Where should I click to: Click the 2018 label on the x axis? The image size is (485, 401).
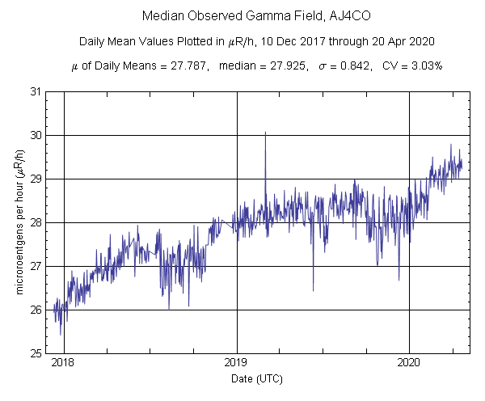[63, 364]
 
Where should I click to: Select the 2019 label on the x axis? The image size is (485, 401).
[237, 364]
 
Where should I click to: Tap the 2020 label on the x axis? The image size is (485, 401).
[410, 364]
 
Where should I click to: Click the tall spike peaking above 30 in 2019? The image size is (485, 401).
[265, 134]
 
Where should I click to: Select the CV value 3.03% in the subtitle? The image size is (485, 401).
[427, 65]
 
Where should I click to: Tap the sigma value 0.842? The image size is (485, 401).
[356, 65]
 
